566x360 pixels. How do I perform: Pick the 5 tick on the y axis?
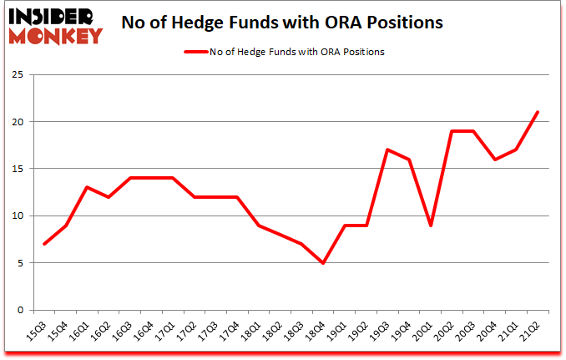[28, 263]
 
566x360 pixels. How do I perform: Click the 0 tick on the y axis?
[28, 310]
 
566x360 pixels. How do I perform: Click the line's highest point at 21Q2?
[537, 112]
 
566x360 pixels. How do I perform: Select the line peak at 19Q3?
[387, 150]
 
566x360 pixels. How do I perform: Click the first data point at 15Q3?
[44, 244]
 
